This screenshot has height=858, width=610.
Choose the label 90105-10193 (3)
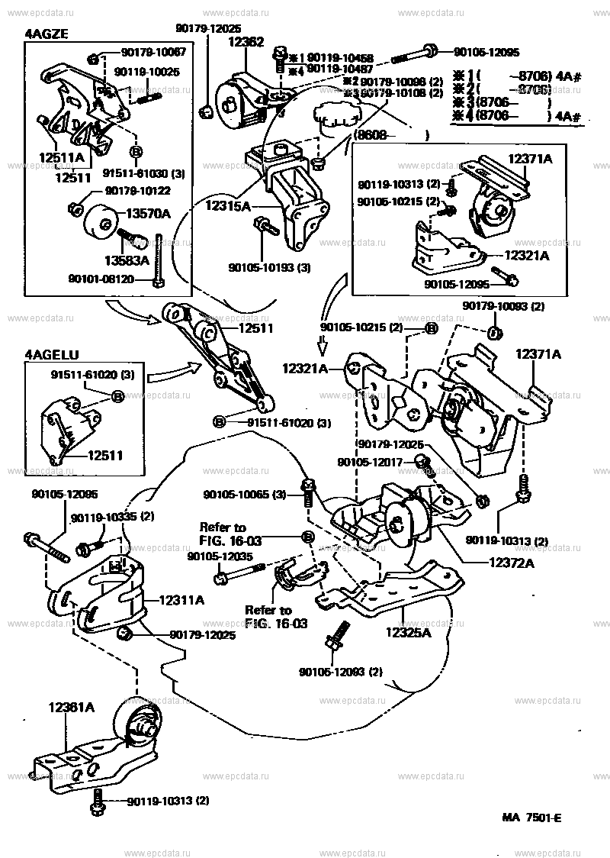(x=269, y=268)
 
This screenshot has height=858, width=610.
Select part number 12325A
(x=408, y=633)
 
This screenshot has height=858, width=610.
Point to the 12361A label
(x=72, y=708)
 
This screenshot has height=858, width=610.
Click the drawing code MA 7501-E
(x=531, y=818)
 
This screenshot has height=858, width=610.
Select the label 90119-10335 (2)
(x=113, y=518)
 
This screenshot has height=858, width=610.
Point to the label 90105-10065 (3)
(x=244, y=495)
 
